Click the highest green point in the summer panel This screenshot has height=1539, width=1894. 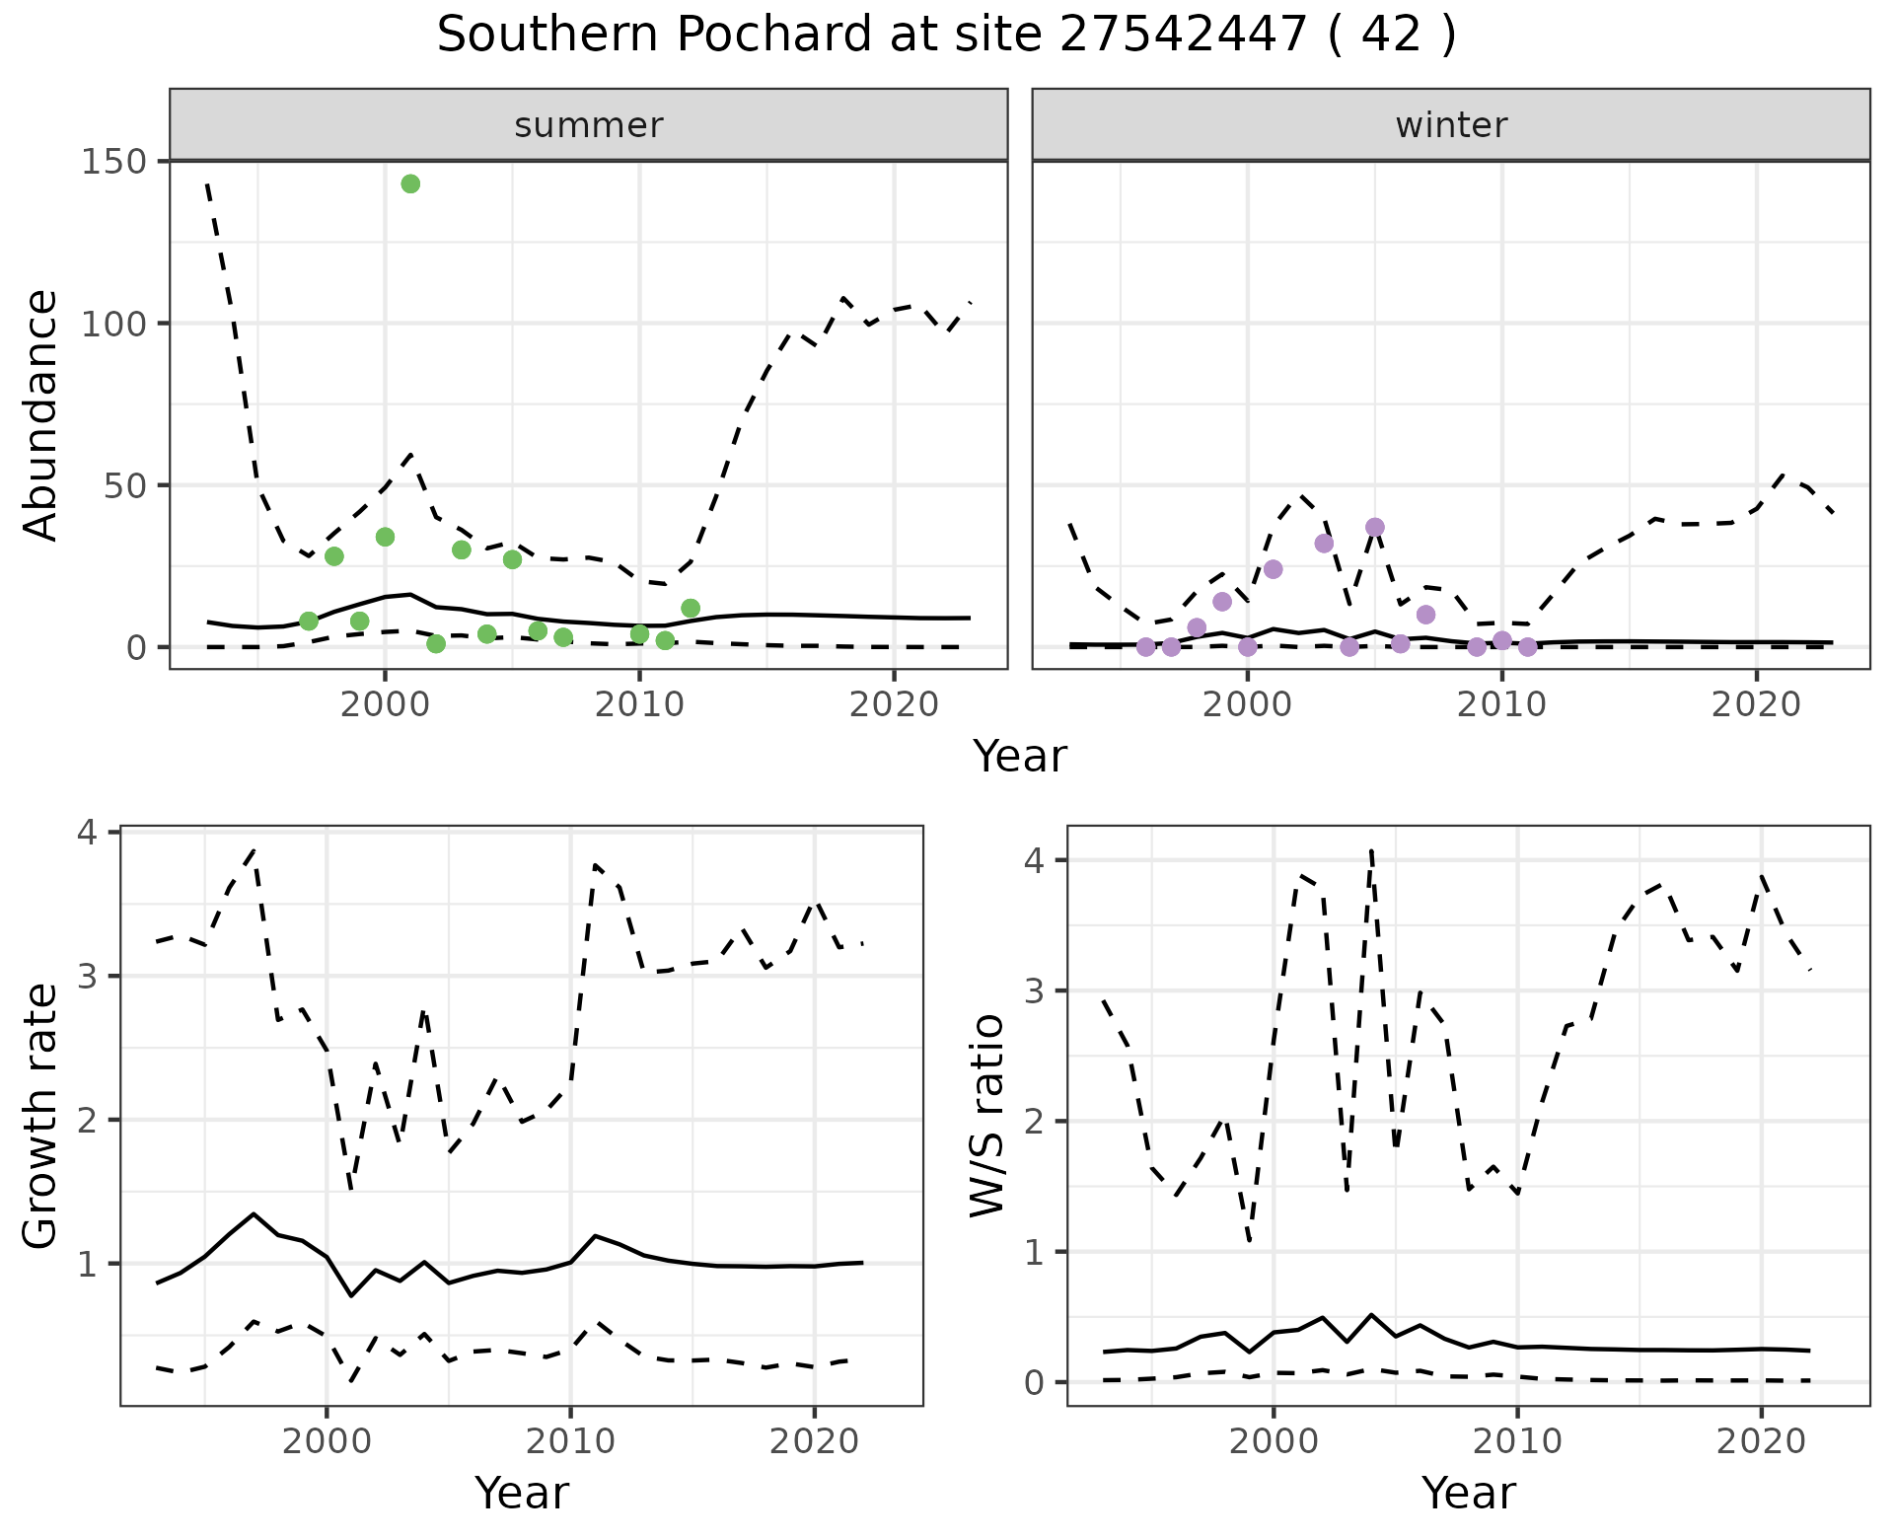(410, 184)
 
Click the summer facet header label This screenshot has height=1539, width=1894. (589, 125)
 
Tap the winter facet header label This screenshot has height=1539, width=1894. (1451, 125)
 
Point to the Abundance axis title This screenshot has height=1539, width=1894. (40, 414)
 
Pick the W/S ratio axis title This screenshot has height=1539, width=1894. (987, 1116)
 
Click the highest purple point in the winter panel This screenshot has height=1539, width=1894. (1375, 528)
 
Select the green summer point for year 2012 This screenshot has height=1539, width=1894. (691, 609)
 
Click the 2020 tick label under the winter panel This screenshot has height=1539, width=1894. (1756, 705)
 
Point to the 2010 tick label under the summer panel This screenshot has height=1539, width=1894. (639, 705)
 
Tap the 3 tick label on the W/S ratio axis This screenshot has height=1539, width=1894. (1034, 991)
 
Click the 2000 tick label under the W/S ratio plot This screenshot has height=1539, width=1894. (1273, 1441)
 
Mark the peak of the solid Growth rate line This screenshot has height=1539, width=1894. (254, 1214)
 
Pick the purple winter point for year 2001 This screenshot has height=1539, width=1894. (1273, 569)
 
